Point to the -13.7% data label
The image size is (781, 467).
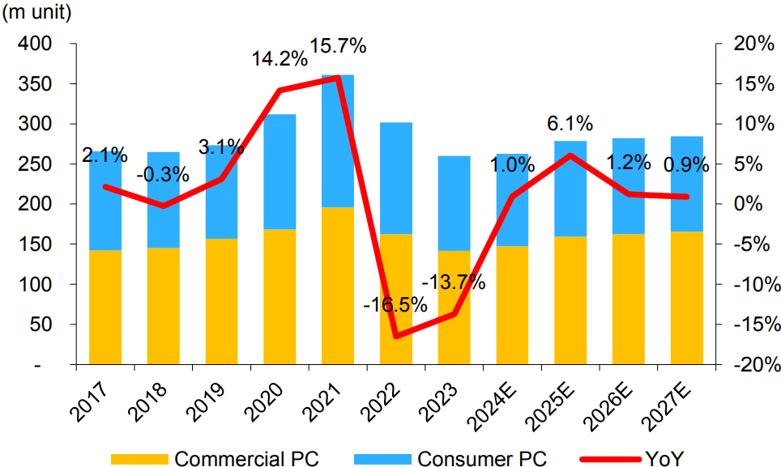tap(454, 282)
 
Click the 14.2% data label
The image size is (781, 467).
tap(278, 58)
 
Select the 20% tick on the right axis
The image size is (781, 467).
tap(754, 45)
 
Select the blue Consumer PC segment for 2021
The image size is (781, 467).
tap(337, 141)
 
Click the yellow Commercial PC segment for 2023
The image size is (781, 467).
tap(454, 308)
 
